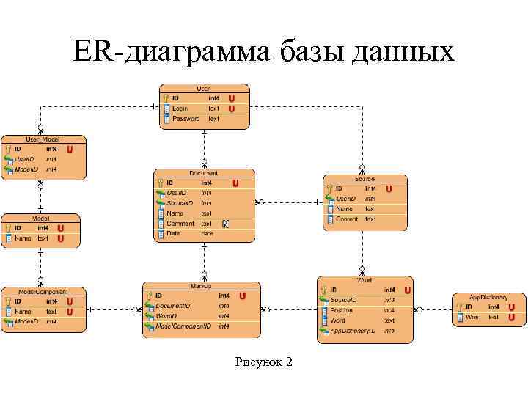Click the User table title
(x=203, y=88)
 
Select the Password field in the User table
(x=186, y=119)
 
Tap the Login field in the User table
(x=180, y=109)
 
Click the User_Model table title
(x=43, y=139)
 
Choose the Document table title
(x=204, y=173)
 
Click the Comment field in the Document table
(x=180, y=224)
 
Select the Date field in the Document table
(x=173, y=234)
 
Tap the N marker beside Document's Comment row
(x=226, y=224)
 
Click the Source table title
(x=364, y=179)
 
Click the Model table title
(x=40, y=218)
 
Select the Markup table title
(x=201, y=286)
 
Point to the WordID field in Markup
(x=166, y=316)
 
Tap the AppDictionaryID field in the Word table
(x=353, y=331)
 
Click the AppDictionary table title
(x=488, y=297)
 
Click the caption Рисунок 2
(x=263, y=362)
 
